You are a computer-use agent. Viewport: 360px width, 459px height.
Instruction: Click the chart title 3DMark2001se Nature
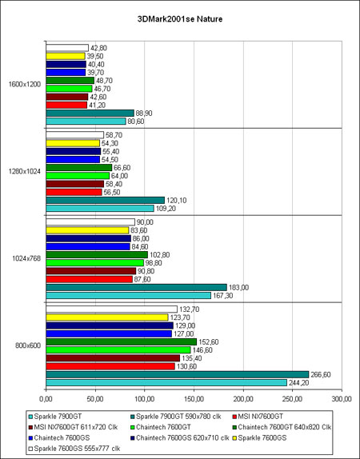180,19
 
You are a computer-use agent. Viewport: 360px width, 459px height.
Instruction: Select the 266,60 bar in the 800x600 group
178,374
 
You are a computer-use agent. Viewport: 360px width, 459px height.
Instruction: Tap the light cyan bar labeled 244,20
166,382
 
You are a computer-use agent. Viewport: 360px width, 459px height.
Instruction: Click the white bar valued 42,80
67,48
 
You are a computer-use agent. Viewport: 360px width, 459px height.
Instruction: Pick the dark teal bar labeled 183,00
137,287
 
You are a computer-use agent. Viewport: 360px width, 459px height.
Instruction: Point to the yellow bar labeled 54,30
73,143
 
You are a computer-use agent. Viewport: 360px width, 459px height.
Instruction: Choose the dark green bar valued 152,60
122,342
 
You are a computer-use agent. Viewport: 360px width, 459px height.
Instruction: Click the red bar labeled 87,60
90,279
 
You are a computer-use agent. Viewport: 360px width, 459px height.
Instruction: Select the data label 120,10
176,201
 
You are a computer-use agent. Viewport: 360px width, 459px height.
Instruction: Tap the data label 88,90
144,114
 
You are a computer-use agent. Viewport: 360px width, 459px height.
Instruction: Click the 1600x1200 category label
25,84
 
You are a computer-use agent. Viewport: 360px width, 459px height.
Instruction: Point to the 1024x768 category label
26,258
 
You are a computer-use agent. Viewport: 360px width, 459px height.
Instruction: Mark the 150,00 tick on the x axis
194,399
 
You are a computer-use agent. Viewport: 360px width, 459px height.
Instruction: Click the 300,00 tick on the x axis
342,399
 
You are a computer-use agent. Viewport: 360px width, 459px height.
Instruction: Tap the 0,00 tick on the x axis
46,399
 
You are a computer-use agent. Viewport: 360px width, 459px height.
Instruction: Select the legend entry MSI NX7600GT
258,417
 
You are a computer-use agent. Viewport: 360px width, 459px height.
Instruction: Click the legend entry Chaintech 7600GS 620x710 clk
180,438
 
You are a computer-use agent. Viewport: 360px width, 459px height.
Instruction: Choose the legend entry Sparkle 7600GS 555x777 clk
74,449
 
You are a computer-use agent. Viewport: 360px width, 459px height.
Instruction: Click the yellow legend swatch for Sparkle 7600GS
234,438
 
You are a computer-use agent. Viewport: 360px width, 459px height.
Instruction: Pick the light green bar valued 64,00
78,176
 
